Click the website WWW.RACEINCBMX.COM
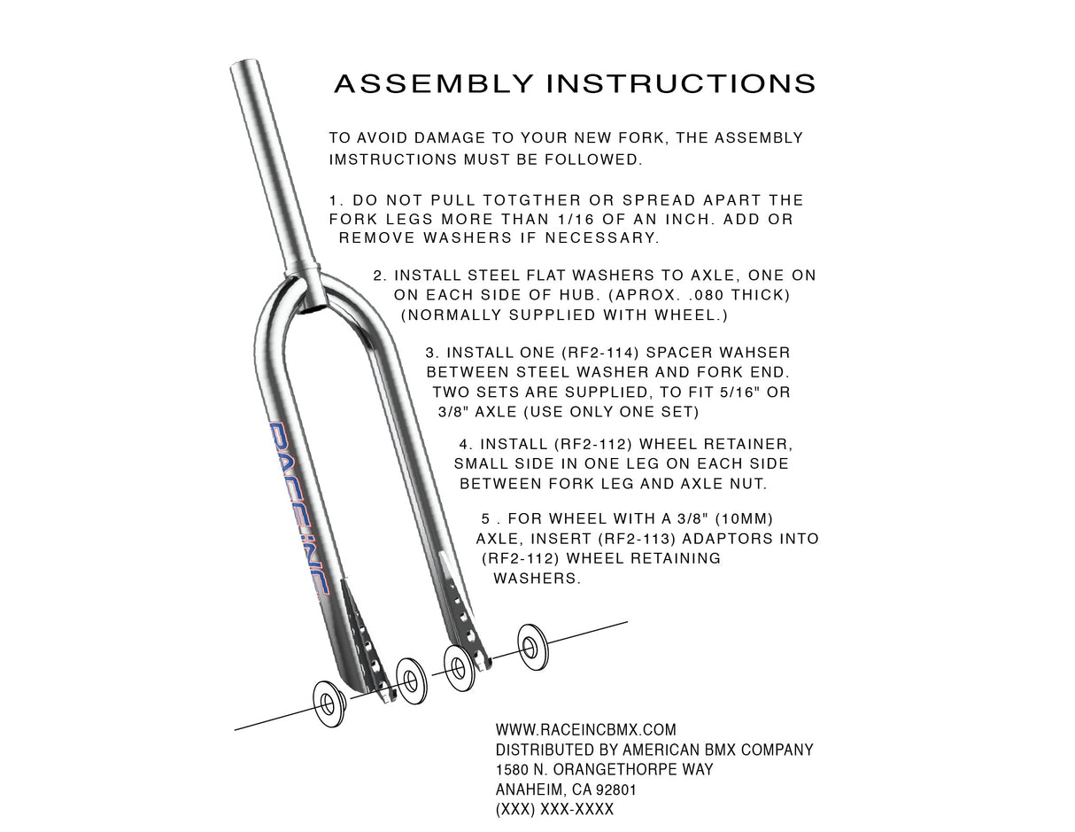coord(585,730)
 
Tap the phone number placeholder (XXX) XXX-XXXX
coord(554,810)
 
